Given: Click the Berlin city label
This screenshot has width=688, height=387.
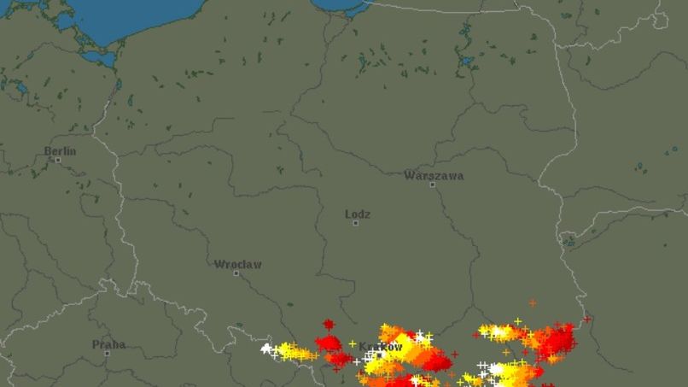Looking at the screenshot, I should [x=60, y=151].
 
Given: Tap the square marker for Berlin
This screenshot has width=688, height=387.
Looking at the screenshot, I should [x=58, y=160].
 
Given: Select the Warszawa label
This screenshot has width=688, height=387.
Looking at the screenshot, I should [x=434, y=176].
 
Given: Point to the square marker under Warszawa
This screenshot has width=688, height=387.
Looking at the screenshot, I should [x=432, y=185].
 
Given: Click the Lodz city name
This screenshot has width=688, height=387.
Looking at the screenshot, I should [x=357, y=214].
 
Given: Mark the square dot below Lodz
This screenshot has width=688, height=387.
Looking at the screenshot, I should [x=355, y=223].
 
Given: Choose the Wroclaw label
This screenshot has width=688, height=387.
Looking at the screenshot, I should [x=237, y=265].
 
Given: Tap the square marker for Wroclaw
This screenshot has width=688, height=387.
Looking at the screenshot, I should [x=236, y=273].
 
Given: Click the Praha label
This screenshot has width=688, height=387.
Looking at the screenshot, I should [x=108, y=345].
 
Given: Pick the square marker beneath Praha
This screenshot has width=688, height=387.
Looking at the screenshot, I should [x=107, y=354].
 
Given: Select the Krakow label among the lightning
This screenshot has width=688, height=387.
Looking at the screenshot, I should [x=380, y=347].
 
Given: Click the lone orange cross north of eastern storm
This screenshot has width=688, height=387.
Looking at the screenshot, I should [x=533, y=302].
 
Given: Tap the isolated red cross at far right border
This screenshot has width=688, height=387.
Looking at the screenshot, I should [x=586, y=320].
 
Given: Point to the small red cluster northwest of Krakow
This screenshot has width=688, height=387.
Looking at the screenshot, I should [x=329, y=325].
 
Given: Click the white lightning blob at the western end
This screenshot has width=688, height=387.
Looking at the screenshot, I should [x=267, y=349].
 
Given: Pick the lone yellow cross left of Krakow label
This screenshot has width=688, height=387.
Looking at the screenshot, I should [x=353, y=343].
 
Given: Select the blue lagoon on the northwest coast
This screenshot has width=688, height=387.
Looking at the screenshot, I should [x=99, y=58].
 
